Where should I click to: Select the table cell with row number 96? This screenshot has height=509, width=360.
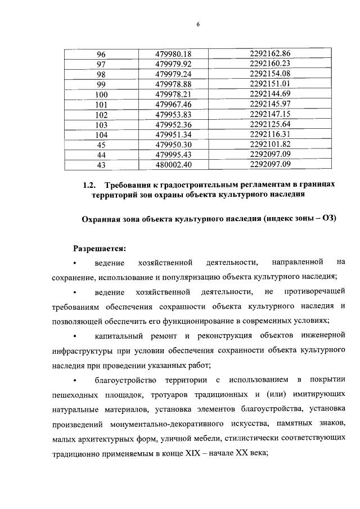101,55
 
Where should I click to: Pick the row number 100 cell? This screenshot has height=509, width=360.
101,94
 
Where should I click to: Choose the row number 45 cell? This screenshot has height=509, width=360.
101,145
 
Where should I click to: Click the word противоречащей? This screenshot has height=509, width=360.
314,291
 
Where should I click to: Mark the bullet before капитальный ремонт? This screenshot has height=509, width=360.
75,336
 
